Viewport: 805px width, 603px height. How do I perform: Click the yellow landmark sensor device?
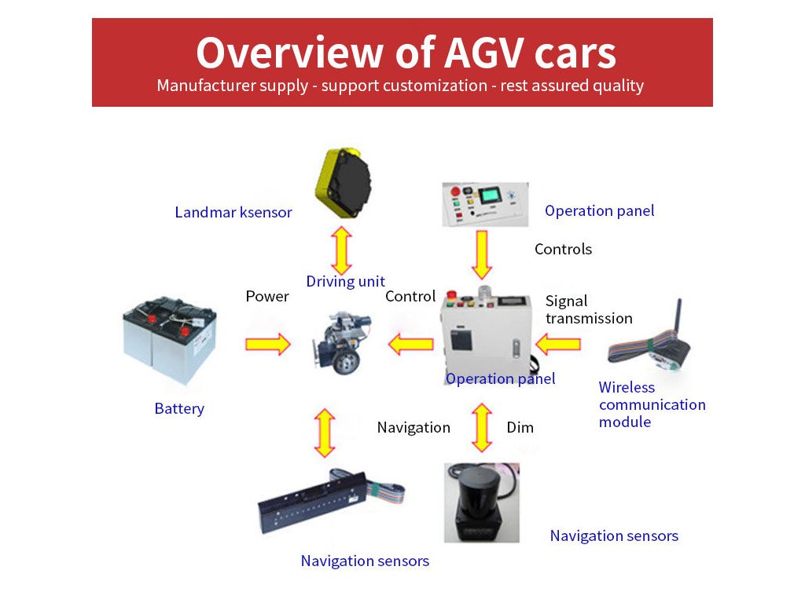tap(343, 182)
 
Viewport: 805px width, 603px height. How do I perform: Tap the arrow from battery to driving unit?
tap(268, 344)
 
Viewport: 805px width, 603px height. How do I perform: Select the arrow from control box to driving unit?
tap(410, 344)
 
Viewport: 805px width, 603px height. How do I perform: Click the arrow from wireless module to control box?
tap(558, 344)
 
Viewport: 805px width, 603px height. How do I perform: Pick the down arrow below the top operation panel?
tap(482, 255)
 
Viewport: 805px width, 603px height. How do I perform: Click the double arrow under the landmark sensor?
tap(341, 250)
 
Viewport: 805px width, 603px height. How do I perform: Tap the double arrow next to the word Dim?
tap(482, 428)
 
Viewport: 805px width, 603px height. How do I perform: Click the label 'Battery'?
tap(179, 408)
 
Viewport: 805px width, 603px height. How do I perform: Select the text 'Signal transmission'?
tap(589, 309)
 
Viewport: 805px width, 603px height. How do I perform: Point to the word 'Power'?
tap(267, 296)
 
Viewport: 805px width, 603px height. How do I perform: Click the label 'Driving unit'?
tap(346, 282)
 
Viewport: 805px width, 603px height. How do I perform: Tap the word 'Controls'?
tap(563, 249)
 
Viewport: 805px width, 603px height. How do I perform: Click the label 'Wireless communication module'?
tap(652, 404)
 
